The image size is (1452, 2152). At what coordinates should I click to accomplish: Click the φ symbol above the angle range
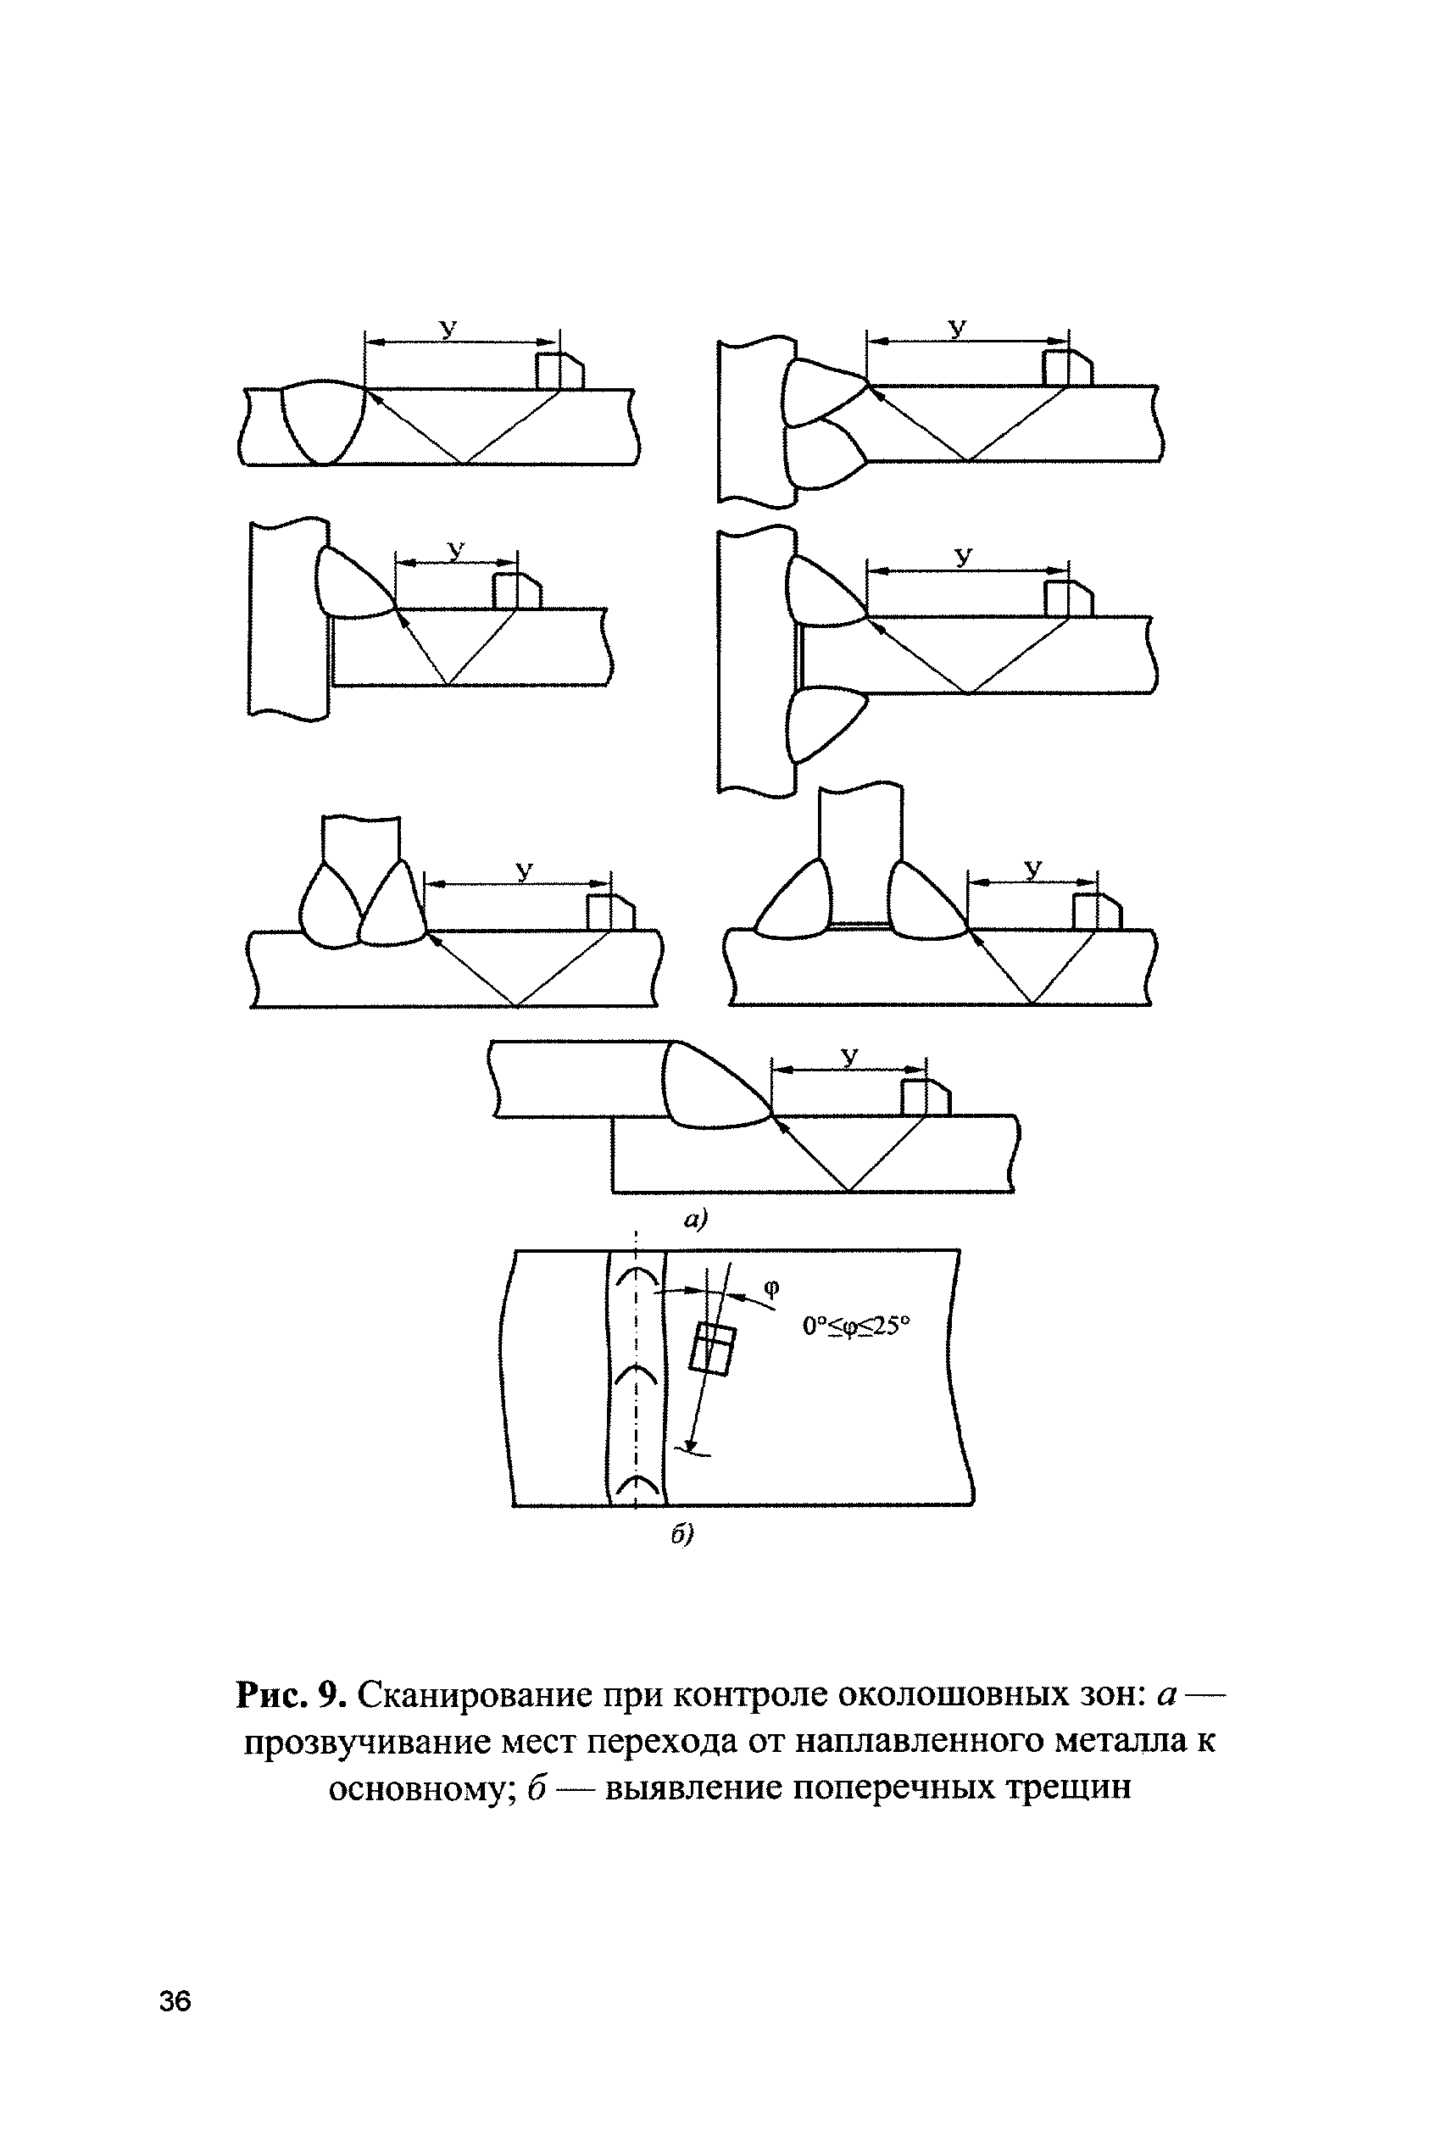point(773,1287)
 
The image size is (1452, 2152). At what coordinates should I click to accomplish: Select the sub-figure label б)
point(682,1535)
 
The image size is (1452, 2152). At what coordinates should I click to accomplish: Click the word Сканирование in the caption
point(475,1694)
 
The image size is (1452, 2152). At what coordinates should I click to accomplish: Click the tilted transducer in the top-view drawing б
point(713,1349)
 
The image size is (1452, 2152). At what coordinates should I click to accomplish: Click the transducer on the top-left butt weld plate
point(559,370)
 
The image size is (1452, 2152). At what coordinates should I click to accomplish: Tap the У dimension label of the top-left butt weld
point(449,329)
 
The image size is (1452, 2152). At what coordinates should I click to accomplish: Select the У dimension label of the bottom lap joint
point(849,1055)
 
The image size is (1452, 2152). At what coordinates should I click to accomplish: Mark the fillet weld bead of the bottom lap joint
point(709,1088)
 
